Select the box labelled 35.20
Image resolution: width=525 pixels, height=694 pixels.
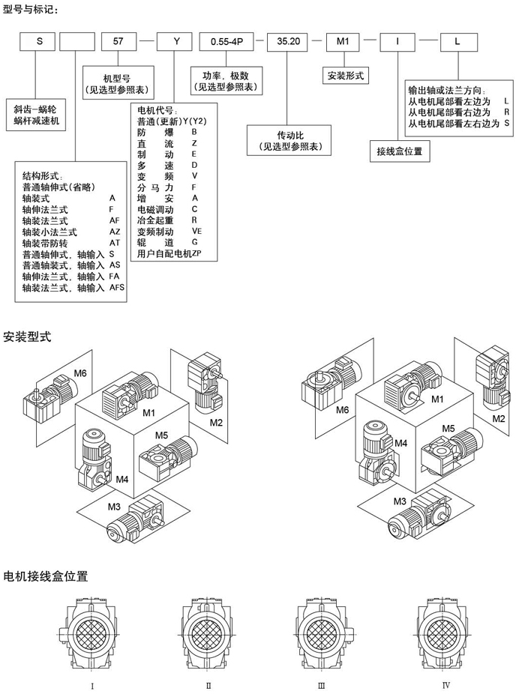[x=289, y=43]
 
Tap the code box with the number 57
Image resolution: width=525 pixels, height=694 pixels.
[x=118, y=43]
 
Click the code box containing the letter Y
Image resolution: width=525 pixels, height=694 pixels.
[x=173, y=43]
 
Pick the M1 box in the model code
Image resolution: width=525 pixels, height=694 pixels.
[x=343, y=43]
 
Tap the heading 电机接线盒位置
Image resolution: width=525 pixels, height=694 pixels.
[x=46, y=576]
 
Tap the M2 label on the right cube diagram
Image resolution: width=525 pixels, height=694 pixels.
[x=499, y=417]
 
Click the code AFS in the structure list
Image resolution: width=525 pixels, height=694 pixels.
[x=118, y=287]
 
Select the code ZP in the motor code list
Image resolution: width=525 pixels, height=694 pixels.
[x=197, y=253]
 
